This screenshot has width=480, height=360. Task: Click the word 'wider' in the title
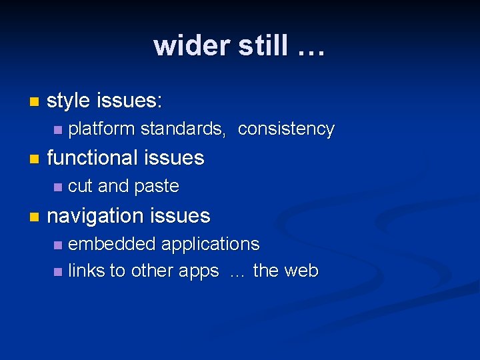click(191, 46)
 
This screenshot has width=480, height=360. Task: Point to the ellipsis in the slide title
click(308, 48)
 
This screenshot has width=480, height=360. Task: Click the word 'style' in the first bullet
click(68, 101)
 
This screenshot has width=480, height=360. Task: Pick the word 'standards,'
click(183, 129)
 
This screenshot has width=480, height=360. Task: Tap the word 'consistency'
click(286, 129)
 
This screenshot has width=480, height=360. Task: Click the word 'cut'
click(80, 187)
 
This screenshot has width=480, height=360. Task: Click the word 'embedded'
click(111, 244)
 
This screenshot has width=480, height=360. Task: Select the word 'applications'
click(210, 245)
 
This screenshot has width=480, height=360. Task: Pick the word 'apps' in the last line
click(200, 272)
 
